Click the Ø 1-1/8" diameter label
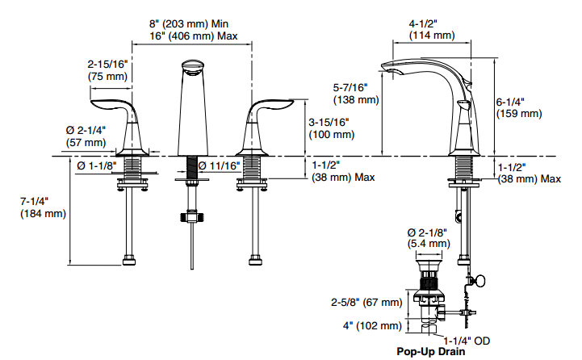97,165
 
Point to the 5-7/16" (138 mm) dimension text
356,93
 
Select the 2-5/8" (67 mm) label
365,302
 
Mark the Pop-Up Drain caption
431,352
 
